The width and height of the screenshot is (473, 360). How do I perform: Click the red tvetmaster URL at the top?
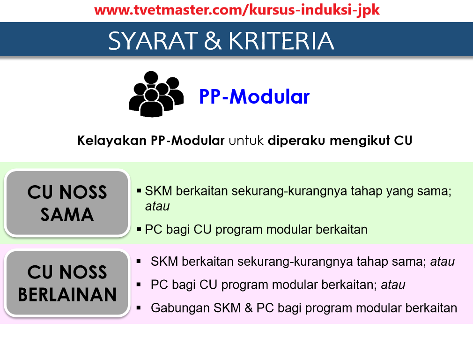237,10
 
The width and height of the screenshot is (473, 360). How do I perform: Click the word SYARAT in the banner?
153,41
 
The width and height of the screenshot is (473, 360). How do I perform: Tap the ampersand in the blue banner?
213,41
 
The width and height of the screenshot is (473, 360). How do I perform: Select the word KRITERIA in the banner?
281,41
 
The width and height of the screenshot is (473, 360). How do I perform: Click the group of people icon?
156,94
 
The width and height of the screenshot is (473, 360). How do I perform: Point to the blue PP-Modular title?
254,97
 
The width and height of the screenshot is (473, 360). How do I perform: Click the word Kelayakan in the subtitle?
111,141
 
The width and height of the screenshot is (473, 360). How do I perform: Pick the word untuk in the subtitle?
246,141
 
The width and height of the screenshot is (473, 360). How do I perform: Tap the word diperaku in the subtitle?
296,141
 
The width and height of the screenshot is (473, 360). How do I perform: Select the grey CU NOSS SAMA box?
67,202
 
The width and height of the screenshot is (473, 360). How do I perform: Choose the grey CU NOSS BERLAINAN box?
67,283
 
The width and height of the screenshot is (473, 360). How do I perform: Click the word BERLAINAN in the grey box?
67,294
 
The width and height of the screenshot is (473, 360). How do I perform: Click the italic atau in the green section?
157,207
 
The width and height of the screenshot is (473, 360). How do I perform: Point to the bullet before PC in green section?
139,229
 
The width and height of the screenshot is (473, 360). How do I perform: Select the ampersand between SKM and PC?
249,308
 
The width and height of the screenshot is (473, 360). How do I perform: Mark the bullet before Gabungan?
139,308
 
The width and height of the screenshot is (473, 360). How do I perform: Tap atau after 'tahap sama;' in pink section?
443,262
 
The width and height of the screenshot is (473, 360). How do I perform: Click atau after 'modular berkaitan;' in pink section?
393,285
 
